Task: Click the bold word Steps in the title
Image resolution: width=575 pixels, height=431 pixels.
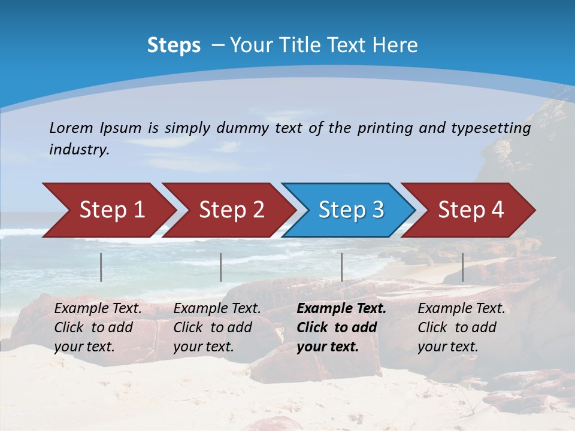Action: click(174, 45)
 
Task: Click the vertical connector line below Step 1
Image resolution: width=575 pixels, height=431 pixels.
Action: click(101, 267)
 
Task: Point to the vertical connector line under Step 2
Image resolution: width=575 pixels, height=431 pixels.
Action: click(221, 267)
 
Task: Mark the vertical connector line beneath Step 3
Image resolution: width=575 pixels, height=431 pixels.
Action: click(342, 267)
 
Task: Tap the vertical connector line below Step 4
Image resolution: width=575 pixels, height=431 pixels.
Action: click(462, 267)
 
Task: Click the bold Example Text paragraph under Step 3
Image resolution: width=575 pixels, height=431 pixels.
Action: click(341, 327)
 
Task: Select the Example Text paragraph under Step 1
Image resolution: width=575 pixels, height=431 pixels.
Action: click(98, 327)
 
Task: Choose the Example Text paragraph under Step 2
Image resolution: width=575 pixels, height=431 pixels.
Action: click(217, 327)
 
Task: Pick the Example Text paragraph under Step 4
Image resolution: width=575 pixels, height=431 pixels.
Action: click(461, 327)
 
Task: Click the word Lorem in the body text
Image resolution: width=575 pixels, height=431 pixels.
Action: click(71, 128)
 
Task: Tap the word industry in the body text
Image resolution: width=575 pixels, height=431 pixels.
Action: click(79, 150)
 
